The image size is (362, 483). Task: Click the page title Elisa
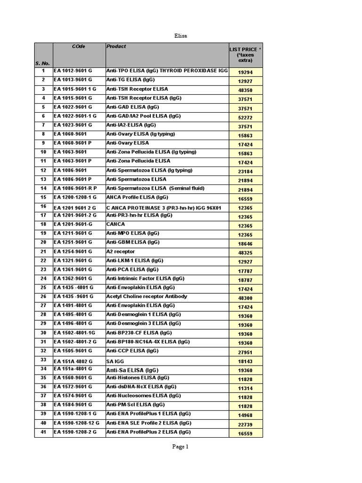point(181,35)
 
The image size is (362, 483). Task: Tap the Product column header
point(116,46)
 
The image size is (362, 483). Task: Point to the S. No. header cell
point(42,63)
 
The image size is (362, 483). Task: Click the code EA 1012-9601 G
point(73,71)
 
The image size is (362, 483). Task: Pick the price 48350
point(245,91)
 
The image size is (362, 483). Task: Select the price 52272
point(245,117)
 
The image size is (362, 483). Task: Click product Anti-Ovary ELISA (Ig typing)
point(140,134)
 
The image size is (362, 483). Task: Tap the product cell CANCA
point(115,224)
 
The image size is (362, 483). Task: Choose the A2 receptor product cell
point(120,251)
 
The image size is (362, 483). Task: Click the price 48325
point(245,253)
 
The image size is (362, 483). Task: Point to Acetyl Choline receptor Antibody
point(147,296)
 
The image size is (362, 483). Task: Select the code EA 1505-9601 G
point(73,350)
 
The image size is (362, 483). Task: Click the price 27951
point(245,352)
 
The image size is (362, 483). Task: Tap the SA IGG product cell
point(115,361)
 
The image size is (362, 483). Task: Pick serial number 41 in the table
point(43,432)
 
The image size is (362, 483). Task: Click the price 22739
point(245,425)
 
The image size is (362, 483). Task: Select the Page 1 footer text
point(181,447)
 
